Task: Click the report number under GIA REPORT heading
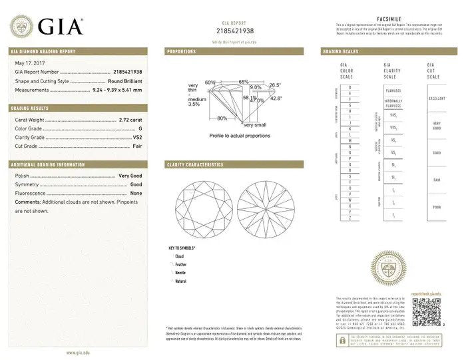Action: (x=235, y=31)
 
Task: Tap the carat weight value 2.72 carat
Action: (x=130, y=120)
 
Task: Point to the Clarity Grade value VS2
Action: (x=137, y=137)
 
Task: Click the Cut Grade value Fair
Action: (x=137, y=146)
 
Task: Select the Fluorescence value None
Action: (x=136, y=193)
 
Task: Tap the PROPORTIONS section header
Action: (x=181, y=51)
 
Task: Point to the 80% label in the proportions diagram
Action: (x=221, y=118)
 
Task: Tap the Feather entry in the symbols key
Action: (x=181, y=265)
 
